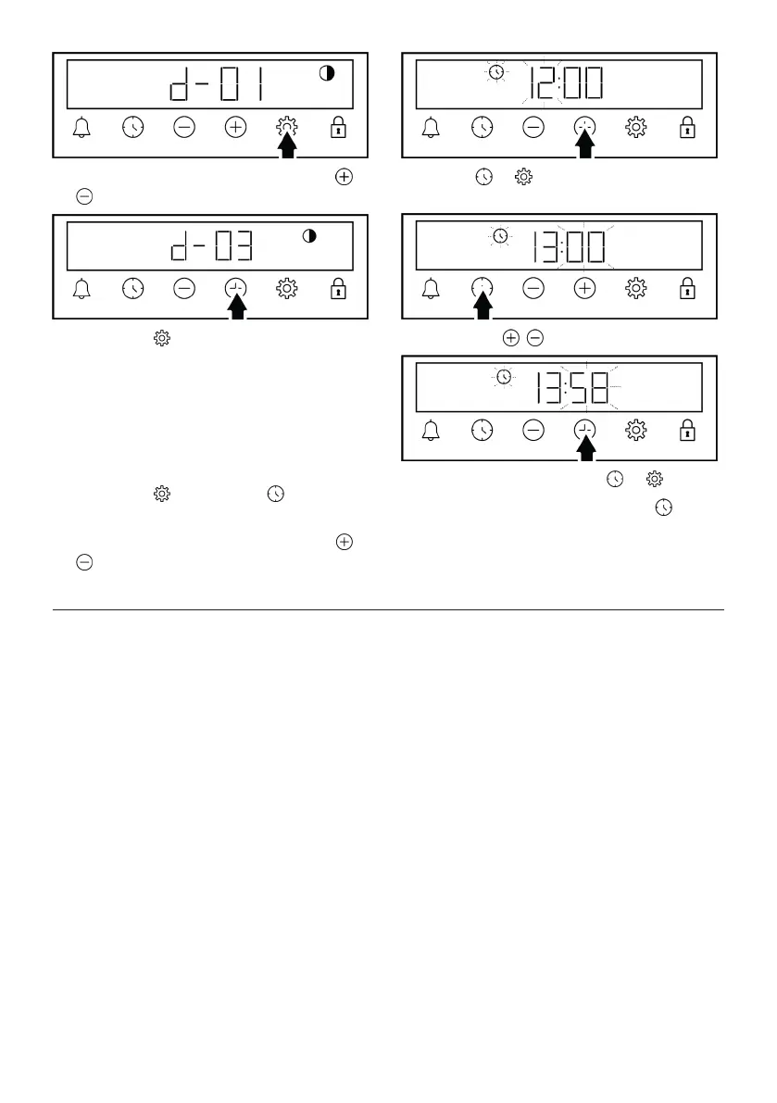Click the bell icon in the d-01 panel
click(82, 128)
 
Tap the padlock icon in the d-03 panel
click(338, 289)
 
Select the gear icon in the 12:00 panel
click(635, 128)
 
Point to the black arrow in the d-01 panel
click(288, 145)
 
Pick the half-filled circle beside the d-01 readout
click(326, 74)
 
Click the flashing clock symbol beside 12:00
click(497, 71)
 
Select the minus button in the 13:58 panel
click(533, 430)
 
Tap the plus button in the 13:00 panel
click(584, 289)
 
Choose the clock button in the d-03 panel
click(133, 289)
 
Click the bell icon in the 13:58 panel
click(431, 430)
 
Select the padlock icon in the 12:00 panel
click(686, 128)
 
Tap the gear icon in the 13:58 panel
click(635, 430)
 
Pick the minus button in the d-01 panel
click(184, 128)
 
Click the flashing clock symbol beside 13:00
click(501, 236)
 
